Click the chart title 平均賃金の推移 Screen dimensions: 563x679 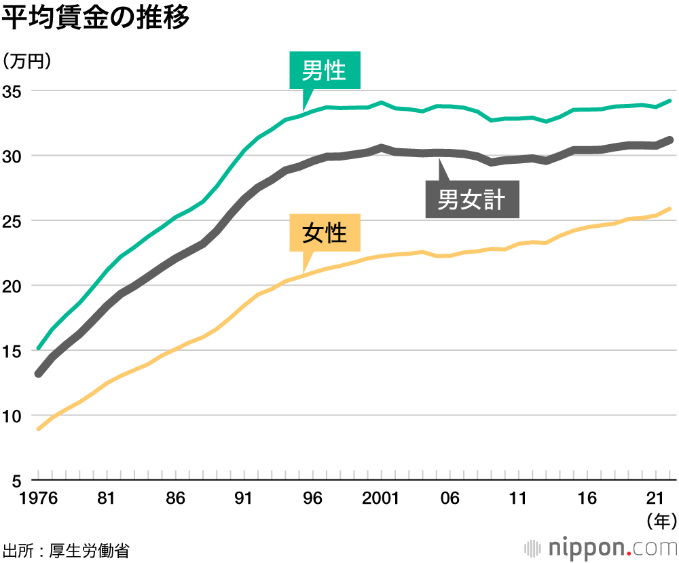[x=95, y=18]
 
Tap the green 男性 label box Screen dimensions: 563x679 [x=325, y=69]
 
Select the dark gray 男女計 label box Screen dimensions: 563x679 [x=472, y=199]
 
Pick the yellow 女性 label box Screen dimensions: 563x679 [x=325, y=233]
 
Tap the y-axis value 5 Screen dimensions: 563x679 [x=18, y=480]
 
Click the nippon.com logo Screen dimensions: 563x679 [x=600, y=547]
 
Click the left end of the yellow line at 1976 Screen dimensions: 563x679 [x=39, y=429]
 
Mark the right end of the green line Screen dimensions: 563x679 [x=670, y=101]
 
